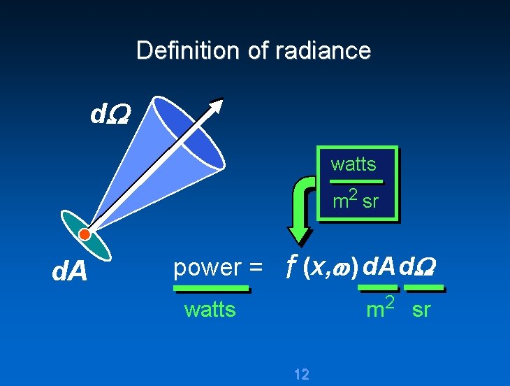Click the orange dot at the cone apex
point(85,234)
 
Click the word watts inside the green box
point(354,164)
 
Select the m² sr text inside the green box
point(355,201)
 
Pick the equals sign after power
point(255,268)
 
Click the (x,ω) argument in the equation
point(330,266)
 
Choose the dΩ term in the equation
point(423,266)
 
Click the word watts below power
point(210,309)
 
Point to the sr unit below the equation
point(421,310)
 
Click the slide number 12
point(302,374)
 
